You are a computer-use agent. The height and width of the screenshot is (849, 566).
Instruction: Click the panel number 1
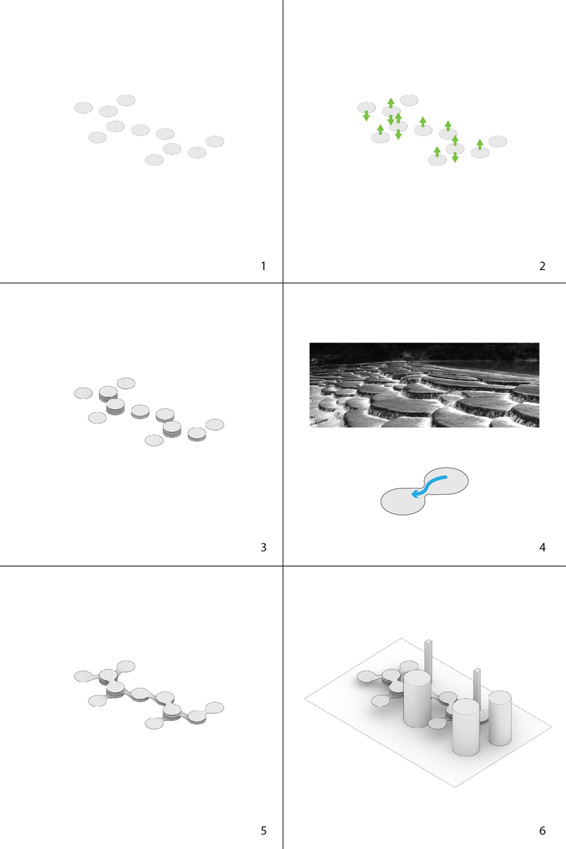(263, 266)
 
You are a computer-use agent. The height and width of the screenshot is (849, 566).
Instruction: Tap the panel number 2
(542, 266)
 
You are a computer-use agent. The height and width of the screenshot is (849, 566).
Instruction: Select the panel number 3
(264, 547)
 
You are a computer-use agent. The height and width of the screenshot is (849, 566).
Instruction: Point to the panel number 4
(542, 547)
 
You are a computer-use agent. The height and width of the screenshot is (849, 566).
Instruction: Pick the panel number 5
(264, 831)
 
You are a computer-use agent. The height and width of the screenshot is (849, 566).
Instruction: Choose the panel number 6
(542, 831)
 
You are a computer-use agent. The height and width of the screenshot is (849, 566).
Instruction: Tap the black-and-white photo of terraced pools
(424, 385)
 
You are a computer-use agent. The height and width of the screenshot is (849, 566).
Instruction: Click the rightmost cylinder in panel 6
(500, 718)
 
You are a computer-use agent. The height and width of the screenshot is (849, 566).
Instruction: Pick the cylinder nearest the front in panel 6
(466, 727)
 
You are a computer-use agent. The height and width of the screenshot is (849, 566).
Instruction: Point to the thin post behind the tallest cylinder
(428, 655)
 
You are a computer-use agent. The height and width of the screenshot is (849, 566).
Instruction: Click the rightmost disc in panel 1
(215, 141)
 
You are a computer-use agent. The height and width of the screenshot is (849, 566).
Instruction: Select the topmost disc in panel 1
(126, 100)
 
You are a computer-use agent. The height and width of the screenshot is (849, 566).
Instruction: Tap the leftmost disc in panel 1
(84, 108)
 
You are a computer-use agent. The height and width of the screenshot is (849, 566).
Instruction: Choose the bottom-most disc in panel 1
(154, 160)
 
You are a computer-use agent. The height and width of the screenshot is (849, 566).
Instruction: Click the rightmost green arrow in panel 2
(480, 145)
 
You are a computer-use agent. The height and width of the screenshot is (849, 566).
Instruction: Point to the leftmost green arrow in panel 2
(366, 116)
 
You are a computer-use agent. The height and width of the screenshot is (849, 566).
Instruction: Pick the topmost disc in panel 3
(126, 383)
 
